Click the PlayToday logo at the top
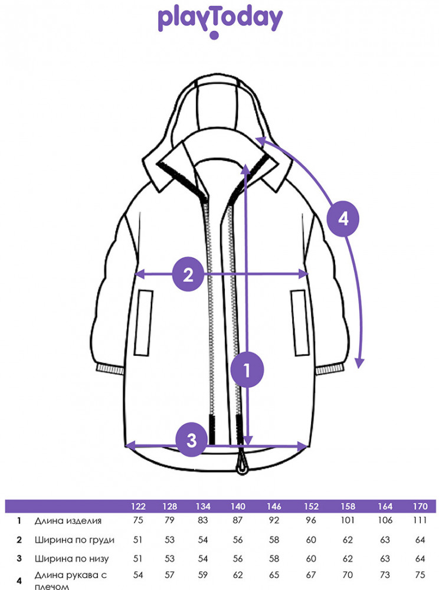pyautogui.click(x=220, y=22)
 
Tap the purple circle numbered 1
pyautogui.click(x=247, y=370)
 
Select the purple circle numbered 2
pyautogui.click(x=188, y=274)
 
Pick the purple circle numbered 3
pyautogui.click(x=192, y=440)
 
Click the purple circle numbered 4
pyautogui.click(x=343, y=219)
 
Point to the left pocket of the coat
pyautogui.click(x=144, y=323)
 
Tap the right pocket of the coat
pyautogui.click(x=300, y=323)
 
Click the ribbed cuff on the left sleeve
pyautogui.click(x=110, y=368)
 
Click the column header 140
pyautogui.click(x=238, y=506)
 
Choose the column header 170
pyautogui.click(x=420, y=506)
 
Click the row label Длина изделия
pyautogui.click(x=68, y=521)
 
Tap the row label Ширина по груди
pyautogui.click(x=74, y=540)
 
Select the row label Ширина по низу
pyautogui.click(x=71, y=559)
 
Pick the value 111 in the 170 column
pyautogui.click(x=420, y=520)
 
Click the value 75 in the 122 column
pyautogui.click(x=138, y=520)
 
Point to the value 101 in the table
pyautogui.click(x=348, y=520)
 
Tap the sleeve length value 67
pyautogui.click(x=311, y=575)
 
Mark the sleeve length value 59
pyautogui.click(x=203, y=575)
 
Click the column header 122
pyautogui.click(x=138, y=506)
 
